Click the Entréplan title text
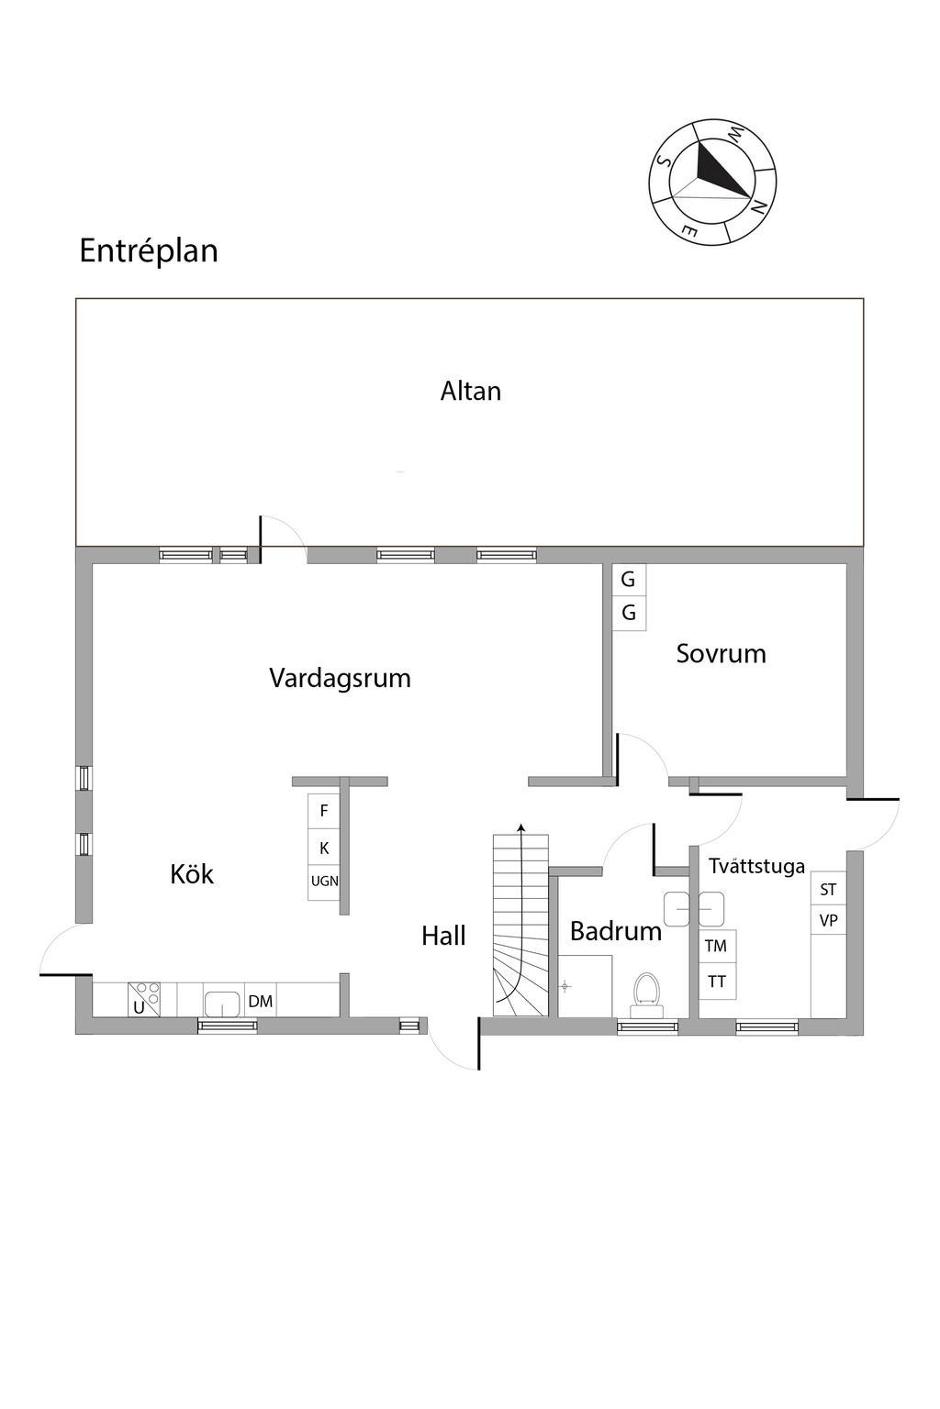click(149, 251)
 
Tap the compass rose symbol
click(712, 183)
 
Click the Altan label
click(470, 392)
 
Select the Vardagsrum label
click(340, 679)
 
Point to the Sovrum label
click(721, 654)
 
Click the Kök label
click(192, 874)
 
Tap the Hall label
click(443, 937)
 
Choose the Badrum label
click(615, 932)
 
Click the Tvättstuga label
click(756, 866)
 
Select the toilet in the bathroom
click(647, 993)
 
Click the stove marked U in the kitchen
click(143, 999)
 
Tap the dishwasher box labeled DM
click(261, 1001)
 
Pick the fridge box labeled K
click(324, 849)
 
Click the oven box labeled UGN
click(324, 882)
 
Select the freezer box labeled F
click(324, 811)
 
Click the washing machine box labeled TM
click(716, 946)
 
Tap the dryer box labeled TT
click(717, 982)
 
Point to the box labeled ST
click(828, 890)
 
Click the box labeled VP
click(828, 920)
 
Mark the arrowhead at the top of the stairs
click(521, 828)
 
